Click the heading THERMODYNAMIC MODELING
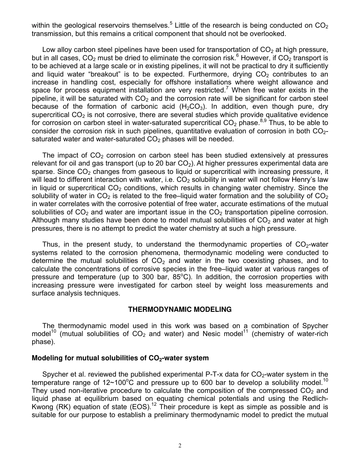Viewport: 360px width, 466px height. coord(180,310)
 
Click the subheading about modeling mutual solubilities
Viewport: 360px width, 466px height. coord(120,358)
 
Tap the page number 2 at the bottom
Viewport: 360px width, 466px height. coord(180,446)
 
